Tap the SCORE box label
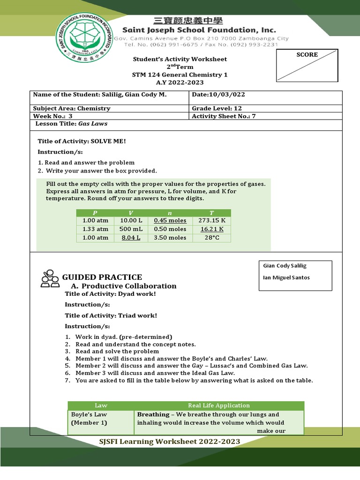(x=307, y=55)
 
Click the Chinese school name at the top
(x=189, y=21)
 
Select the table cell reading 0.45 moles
(x=170, y=220)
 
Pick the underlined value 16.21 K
(x=212, y=229)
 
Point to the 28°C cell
(x=212, y=238)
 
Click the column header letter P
(x=95, y=213)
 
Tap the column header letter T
(x=212, y=213)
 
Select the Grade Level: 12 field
(x=217, y=108)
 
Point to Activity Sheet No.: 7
(x=224, y=116)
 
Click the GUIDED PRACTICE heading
(x=105, y=277)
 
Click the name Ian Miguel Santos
(x=286, y=277)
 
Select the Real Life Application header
(x=219, y=405)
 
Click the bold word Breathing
(x=153, y=414)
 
